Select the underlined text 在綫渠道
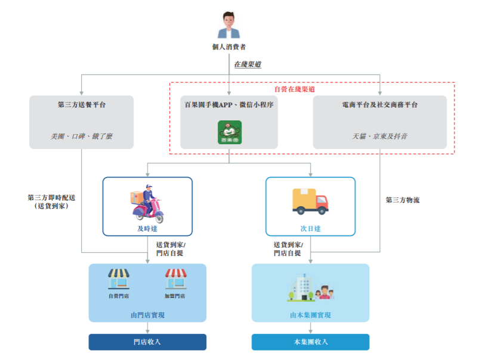tap(246, 64)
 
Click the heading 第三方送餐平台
tap(82, 105)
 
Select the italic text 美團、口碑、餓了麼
tap(82, 136)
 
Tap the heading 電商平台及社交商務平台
tap(380, 105)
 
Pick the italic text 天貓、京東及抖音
tap(380, 136)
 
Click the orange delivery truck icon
tap(310, 201)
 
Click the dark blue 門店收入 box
tap(147, 342)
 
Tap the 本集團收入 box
tap(310, 342)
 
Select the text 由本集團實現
tap(310, 315)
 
